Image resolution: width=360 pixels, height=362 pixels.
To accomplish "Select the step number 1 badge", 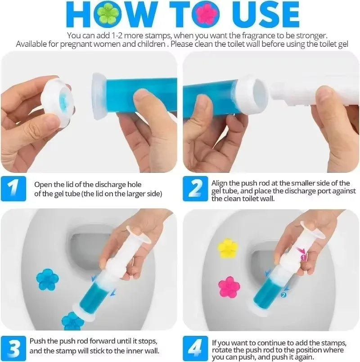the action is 13,189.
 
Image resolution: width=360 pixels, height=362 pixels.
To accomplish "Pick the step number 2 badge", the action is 195,189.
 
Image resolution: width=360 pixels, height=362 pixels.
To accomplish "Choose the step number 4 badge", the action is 195,348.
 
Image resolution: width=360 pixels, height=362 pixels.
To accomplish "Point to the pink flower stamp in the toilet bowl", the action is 229,286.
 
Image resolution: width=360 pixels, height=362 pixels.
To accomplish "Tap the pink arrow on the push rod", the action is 301,251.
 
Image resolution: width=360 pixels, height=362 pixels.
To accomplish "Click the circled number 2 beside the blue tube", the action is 283,295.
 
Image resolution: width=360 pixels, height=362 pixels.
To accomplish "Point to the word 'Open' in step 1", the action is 43,185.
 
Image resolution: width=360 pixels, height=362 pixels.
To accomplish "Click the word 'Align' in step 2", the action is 220,183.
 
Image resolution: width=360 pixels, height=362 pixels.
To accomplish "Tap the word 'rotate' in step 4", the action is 222,350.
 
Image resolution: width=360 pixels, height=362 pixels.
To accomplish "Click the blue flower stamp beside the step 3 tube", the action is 47,279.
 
